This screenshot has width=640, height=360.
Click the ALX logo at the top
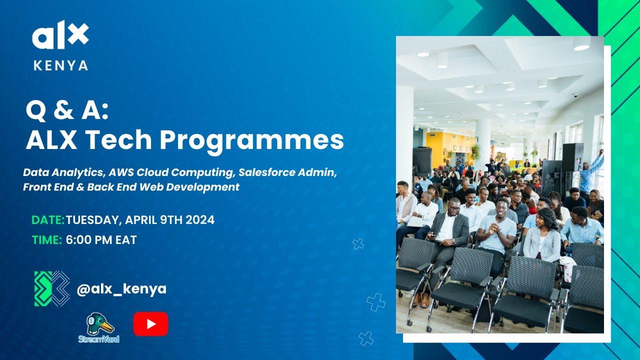60,36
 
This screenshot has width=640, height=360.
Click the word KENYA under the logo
61,65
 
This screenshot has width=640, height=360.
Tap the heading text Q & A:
67,111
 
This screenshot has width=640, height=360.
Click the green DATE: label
48,220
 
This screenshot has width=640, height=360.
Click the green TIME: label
47,240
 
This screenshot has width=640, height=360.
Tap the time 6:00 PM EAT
101,240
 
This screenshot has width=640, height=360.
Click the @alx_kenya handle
121,288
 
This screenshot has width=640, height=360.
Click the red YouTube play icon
150,324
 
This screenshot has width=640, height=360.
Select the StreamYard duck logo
99,327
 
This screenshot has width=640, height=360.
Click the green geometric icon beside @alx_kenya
52,288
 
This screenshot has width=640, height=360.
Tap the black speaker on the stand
572,157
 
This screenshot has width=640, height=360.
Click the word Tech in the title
131,140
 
